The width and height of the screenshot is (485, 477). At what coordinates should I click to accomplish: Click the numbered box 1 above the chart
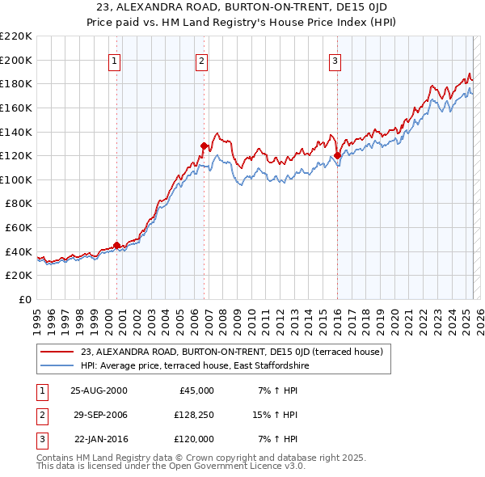[x=114, y=60]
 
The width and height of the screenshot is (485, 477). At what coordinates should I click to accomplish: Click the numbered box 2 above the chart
[x=201, y=60]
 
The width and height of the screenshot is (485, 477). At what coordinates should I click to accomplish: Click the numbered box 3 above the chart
[x=335, y=60]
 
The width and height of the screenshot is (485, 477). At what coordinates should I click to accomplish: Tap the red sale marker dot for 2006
[x=204, y=146]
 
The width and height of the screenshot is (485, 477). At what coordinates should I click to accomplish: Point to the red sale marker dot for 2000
[x=116, y=245]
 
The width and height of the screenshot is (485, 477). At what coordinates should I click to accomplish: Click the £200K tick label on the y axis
[x=16, y=60]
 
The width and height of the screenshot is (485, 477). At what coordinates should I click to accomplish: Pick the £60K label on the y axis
[x=19, y=227]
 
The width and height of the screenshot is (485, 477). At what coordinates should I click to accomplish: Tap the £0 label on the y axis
[x=26, y=299]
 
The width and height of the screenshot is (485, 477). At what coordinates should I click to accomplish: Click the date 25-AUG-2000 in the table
[x=99, y=390]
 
